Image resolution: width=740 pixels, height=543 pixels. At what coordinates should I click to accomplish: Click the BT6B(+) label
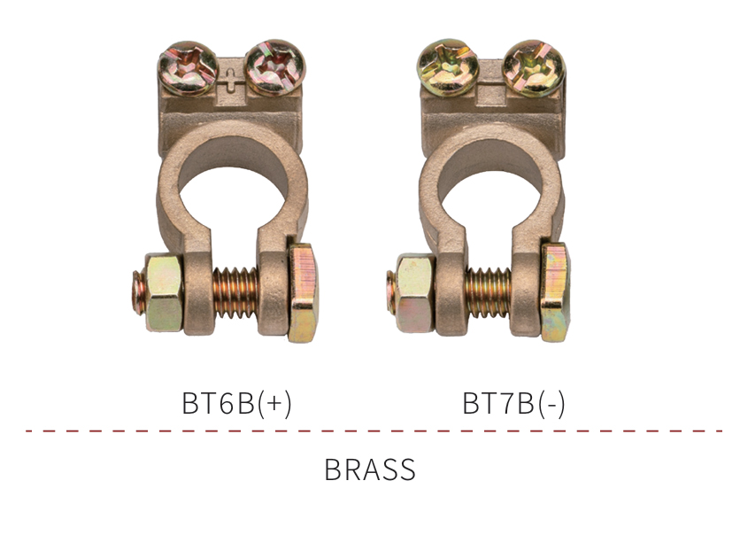tap(236, 403)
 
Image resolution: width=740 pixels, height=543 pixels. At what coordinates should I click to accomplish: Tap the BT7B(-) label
tap(513, 403)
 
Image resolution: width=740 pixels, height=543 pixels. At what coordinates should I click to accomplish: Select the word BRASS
tap(370, 469)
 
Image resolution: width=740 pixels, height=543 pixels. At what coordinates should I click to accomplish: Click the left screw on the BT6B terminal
tap(188, 68)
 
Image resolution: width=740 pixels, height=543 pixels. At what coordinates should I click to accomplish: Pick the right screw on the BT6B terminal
tap(276, 67)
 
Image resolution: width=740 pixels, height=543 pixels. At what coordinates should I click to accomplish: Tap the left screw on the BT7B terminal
tap(448, 67)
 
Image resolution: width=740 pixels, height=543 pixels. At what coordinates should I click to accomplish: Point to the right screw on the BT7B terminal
tap(534, 68)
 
